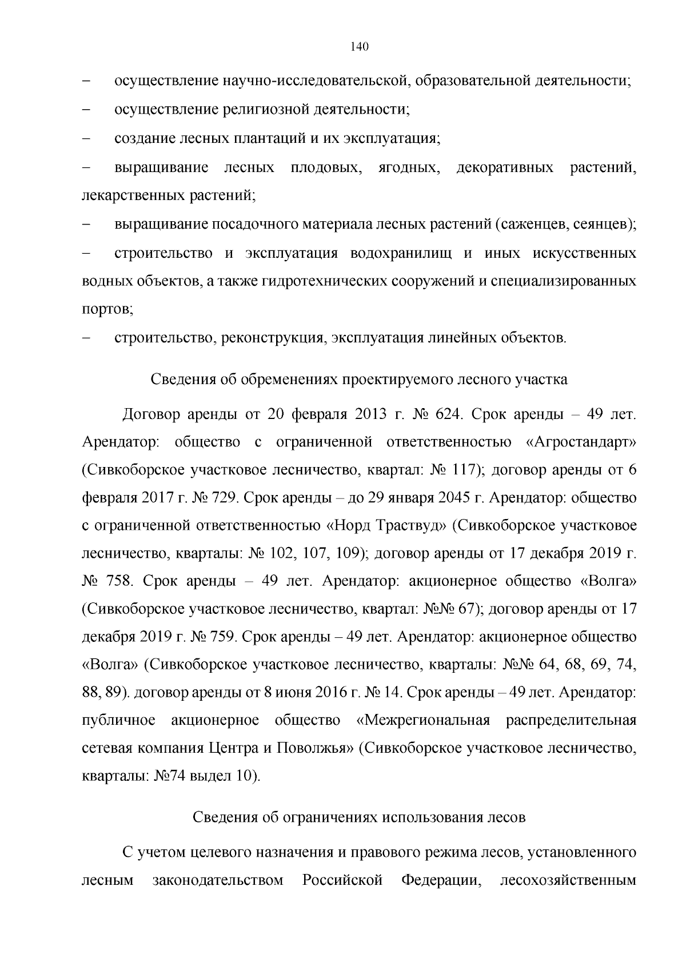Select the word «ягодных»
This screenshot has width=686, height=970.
click(409, 167)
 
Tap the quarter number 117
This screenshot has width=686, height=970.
click(462, 470)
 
